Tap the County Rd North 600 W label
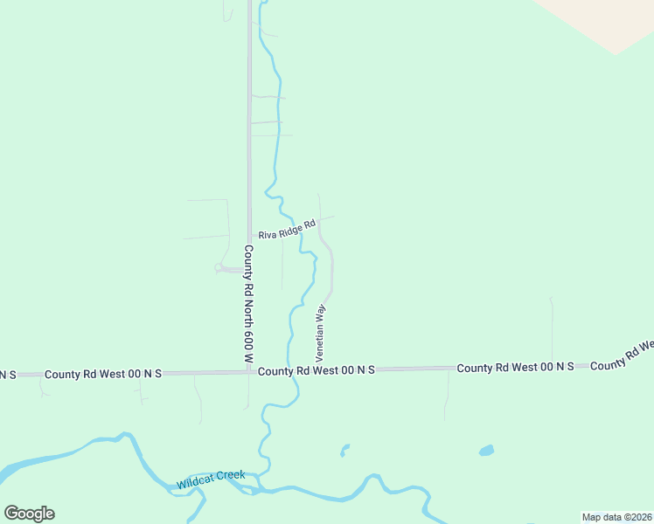[248, 304]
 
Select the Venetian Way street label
[320, 333]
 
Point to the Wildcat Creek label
[211, 479]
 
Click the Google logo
[29, 514]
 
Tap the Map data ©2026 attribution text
[616, 517]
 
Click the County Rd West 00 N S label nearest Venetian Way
[317, 370]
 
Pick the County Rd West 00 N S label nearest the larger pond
[515, 368]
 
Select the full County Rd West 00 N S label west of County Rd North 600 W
[103, 373]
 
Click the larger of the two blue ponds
[486, 451]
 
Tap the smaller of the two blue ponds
[344, 451]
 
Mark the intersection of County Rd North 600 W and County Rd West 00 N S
[249, 371]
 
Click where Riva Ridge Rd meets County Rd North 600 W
[250, 236]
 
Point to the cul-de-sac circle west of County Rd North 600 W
[219, 268]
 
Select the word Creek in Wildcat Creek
[231, 476]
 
